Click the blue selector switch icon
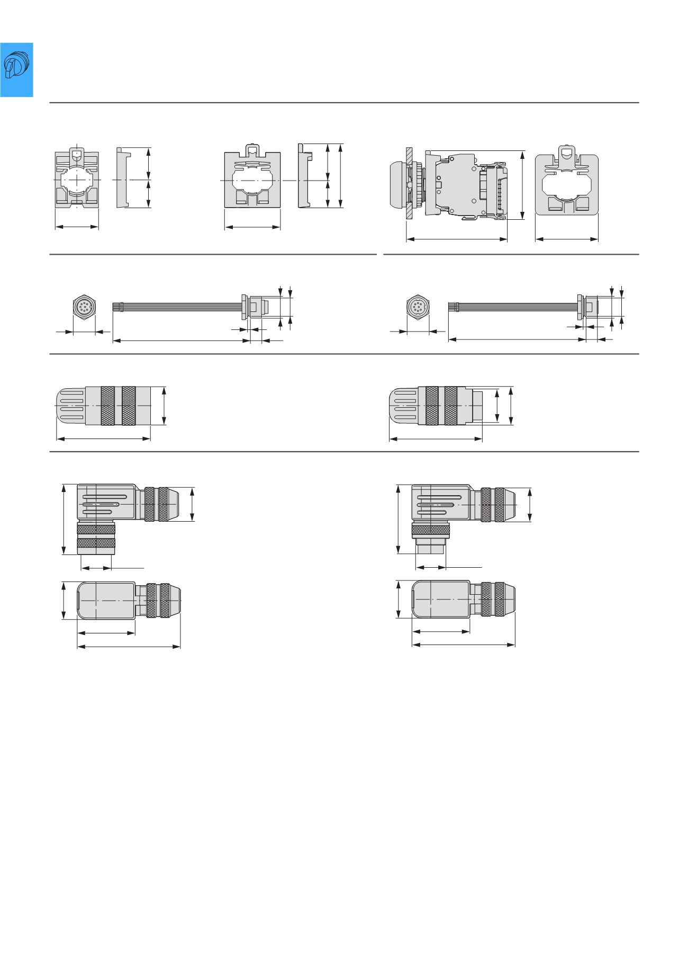(16, 69)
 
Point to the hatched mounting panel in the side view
(409, 183)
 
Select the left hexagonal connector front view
(84, 307)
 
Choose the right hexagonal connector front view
(418, 307)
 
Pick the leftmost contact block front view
(77, 178)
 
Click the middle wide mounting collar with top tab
(252, 179)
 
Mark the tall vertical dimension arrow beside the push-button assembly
(522, 185)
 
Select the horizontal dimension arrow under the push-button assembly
(457, 239)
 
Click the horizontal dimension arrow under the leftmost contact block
(77, 227)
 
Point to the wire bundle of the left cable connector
(180, 307)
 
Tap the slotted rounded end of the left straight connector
(70, 406)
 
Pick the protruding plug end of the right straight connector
(477, 406)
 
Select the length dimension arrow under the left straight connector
(103, 439)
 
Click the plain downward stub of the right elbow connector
(431, 547)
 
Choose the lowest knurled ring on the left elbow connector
(96, 543)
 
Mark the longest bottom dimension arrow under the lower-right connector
(463, 645)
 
